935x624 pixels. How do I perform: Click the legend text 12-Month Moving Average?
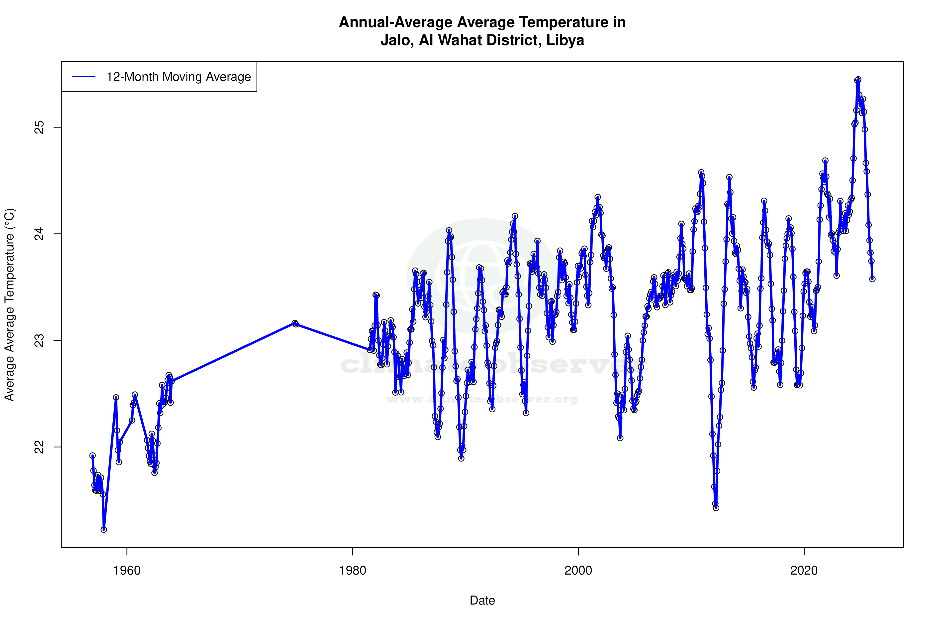pos(179,77)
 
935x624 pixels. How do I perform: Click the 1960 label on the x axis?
pos(127,571)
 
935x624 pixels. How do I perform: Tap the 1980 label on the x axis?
pos(353,571)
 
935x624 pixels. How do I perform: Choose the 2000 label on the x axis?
pos(578,571)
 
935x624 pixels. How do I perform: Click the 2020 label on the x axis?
pos(804,571)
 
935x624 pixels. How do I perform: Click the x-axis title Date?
pos(482,601)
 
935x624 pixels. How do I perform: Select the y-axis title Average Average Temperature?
pos(9,305)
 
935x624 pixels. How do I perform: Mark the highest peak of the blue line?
pos(858,80)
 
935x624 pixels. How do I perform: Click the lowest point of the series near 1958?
pos(104,530)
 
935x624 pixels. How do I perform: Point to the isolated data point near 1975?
pos(294,323)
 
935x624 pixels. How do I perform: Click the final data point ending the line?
pos(872,279)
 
